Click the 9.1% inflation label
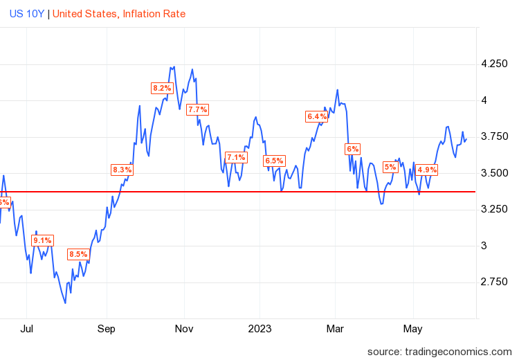[43, 240]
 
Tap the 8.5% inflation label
[78, 254]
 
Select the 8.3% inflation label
[122, 170]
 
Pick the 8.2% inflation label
[162, 88]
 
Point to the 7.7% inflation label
[198, 109]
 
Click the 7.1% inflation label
[236, 157]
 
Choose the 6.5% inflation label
[274, 161]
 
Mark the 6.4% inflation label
[316, 116]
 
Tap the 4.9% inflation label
[427, 170]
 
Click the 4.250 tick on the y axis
[494, 64]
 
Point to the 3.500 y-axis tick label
[494, 173]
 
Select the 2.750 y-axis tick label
[494, 282]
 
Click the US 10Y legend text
[26, 13]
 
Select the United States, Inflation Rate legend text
[119, 13]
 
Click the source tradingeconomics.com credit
[439, 351]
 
